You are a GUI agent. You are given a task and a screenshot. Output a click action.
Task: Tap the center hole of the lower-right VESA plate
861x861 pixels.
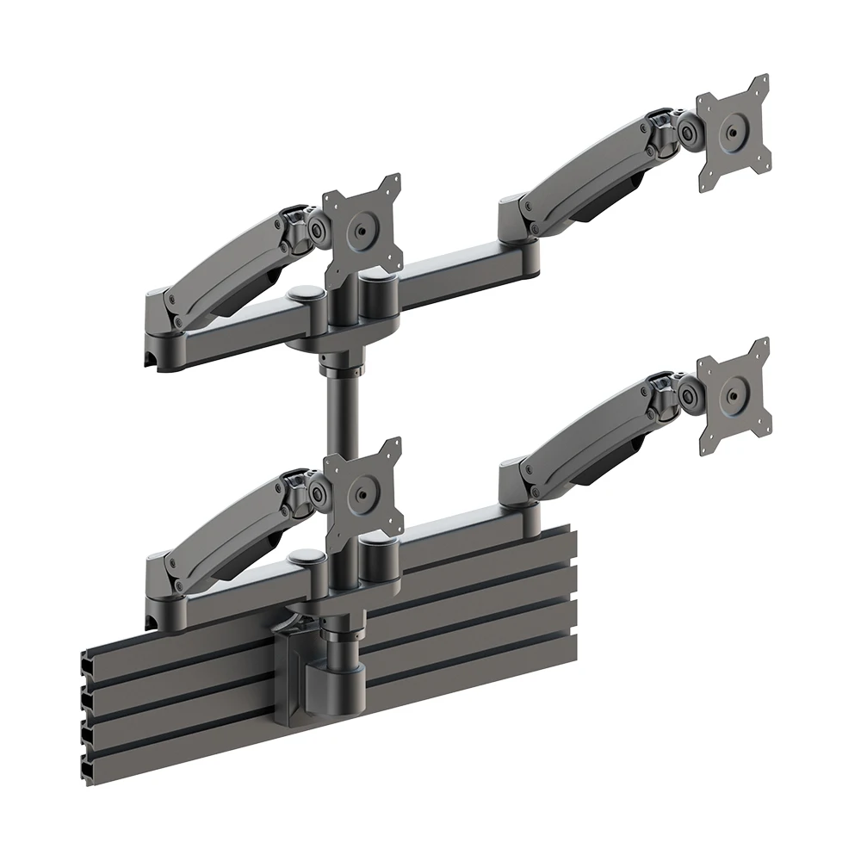point(733,396)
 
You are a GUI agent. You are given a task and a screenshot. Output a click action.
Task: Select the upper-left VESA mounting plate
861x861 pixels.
point(362,229)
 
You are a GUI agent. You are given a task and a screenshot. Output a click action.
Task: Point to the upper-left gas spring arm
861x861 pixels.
point(232,258)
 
